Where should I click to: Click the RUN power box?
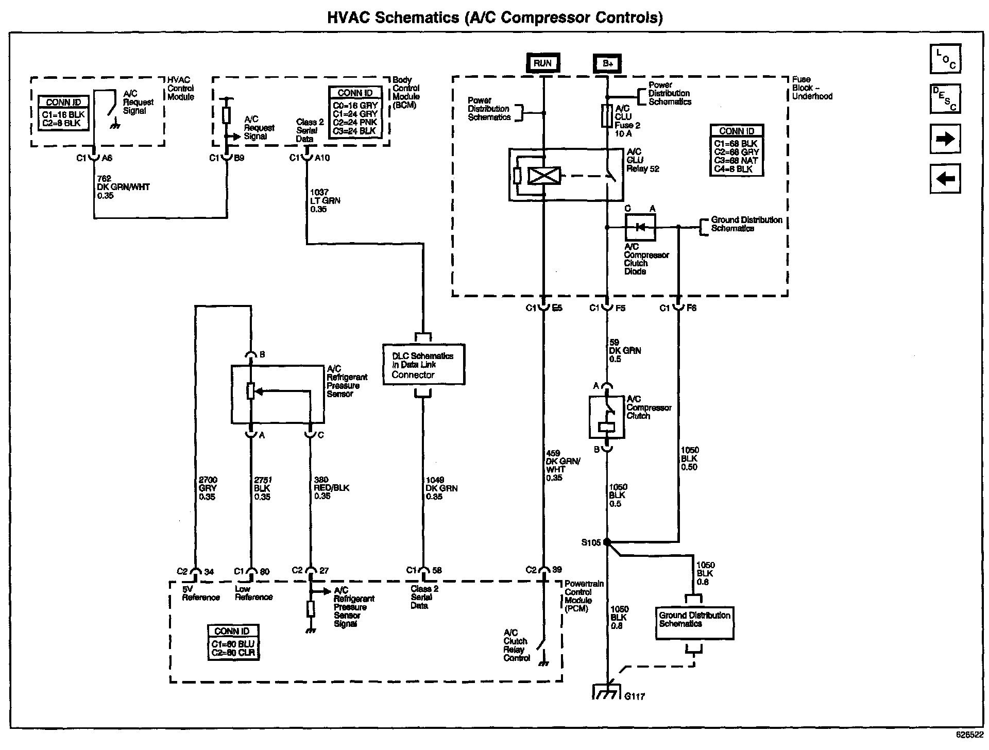click(542, 63)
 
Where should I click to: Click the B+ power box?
click(608, 63)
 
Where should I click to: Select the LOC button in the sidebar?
click(945, 59)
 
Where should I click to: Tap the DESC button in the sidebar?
click(945, 99)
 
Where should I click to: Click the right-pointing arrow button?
click(945, 139)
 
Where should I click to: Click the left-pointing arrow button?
click(945, 179)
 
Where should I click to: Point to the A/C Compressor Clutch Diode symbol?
click(640, 227)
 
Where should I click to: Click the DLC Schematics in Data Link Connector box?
click(424, 365)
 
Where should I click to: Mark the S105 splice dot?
click(607, 542)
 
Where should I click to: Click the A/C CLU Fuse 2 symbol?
click(607, 115)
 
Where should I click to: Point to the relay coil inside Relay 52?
click(544, 175)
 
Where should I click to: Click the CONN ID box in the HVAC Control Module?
click(63, 113)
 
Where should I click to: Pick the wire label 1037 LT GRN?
click(325, 201)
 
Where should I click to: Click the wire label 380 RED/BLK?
click(332, 488)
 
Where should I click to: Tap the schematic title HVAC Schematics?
click(393, 18)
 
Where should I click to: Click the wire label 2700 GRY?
click(208, 488)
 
